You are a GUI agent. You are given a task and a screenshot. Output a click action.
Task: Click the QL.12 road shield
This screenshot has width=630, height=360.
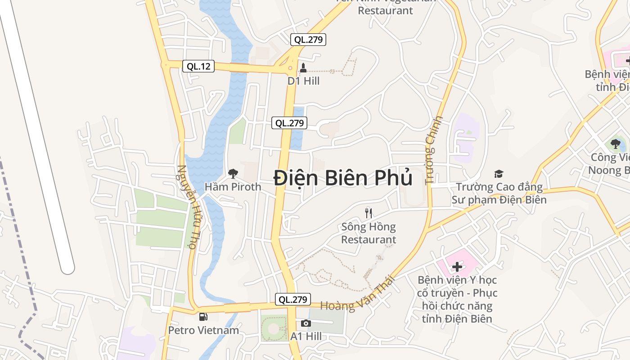tap(198, 67)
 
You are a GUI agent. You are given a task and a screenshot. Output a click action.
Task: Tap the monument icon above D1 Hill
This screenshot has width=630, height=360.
tap(303, 68)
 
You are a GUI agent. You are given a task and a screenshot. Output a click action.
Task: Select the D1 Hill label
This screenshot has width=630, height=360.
tap(303, 81)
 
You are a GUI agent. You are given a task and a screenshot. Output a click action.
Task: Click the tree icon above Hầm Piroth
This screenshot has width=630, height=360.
tap(233, 173)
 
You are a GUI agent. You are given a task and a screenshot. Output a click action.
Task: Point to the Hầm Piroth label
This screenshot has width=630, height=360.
tap(233, 186)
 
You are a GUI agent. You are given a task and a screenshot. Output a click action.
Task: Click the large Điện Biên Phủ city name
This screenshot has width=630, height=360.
tap(343, 178)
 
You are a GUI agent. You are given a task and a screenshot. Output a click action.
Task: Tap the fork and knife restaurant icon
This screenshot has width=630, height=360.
tap(369, 213)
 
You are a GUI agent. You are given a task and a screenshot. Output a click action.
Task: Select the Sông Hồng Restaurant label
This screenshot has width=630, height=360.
tap(369, 233)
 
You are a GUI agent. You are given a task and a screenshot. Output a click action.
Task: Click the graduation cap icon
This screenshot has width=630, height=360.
tap(499, 174)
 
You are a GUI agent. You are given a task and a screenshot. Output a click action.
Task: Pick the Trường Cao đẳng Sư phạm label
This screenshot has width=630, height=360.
tap(499, 193)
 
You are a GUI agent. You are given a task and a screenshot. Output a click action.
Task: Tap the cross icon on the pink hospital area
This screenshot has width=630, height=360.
tap(457, 267)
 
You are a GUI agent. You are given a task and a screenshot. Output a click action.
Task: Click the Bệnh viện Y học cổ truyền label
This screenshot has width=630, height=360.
tap(457, 299)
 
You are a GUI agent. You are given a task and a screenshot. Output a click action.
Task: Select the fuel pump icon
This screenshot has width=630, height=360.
tap(203, 317)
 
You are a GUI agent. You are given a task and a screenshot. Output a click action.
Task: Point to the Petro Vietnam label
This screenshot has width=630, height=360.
tap(203, 330)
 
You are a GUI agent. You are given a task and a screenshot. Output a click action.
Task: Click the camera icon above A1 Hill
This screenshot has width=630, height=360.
tap(306, 323)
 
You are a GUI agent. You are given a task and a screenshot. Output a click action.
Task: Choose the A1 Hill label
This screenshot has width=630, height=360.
tap(306, 336)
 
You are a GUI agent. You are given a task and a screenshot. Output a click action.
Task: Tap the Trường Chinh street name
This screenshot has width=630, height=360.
tap(433, 150)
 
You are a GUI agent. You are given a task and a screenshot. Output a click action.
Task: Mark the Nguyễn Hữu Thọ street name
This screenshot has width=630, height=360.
tap(189, 206)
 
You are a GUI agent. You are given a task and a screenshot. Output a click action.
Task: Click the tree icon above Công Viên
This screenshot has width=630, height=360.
tap(615, 144)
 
